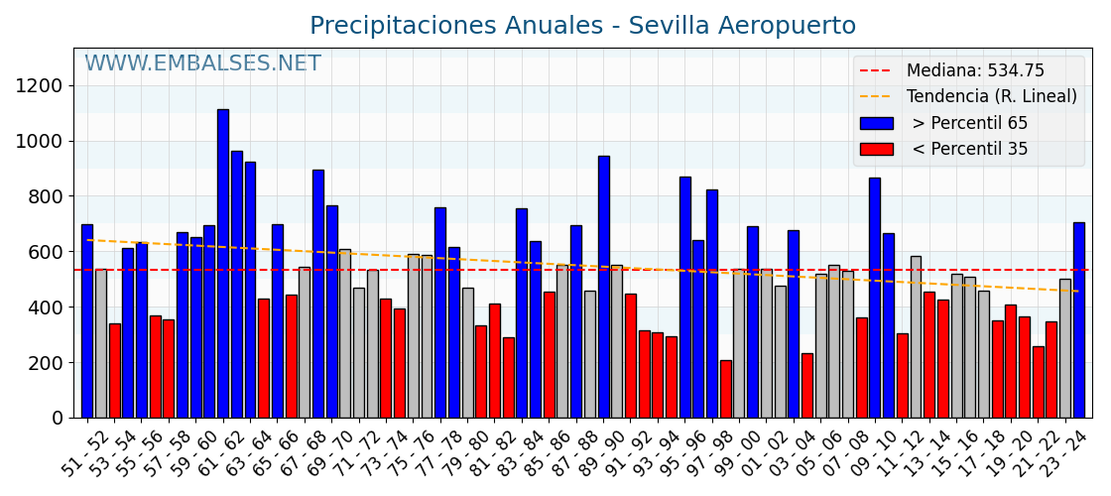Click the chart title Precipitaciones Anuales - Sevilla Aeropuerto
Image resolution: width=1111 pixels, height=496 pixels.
[x=582, y=26]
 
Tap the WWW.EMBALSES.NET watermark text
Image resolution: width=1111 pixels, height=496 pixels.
[x=202, y=64]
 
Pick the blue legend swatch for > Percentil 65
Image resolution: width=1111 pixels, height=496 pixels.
[x=876, y=124]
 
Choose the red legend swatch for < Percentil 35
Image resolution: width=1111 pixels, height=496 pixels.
[x=876, y=150]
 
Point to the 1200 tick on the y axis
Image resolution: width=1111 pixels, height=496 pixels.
[x=39, y=85]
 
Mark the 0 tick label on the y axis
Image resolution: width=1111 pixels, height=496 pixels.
[x=58, y=419]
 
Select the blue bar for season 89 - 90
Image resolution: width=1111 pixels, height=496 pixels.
[x=603, y=287]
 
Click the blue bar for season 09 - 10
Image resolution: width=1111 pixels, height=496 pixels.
[x=875, y=298]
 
